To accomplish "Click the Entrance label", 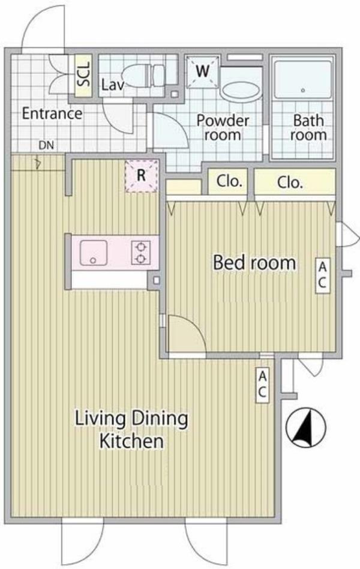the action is (x=52, y=113).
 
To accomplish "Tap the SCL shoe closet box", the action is (x=83, y=76).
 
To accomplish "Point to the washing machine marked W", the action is (x=203, y=71).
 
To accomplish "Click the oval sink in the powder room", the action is (x=241, y=91).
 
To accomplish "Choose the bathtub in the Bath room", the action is (x=302, y=80).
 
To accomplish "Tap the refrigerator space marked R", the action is (x=142, y=176).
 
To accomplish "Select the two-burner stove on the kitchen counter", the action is (x=141, y=253).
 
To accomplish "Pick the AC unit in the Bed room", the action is (x=322, y=275).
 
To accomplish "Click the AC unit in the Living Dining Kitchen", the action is (x=262, y=385).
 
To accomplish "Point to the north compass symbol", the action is (x=305, y=427).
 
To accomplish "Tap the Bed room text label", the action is (x=254, y=263).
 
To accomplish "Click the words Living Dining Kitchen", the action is (x=131, y=430).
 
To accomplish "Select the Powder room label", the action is (x=223, y=128).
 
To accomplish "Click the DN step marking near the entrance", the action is (x=46, y=145).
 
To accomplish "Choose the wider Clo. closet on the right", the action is (x=295, y=182).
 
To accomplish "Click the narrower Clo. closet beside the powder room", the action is (x=229, y=181).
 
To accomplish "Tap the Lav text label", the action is (x=113, y=85).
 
